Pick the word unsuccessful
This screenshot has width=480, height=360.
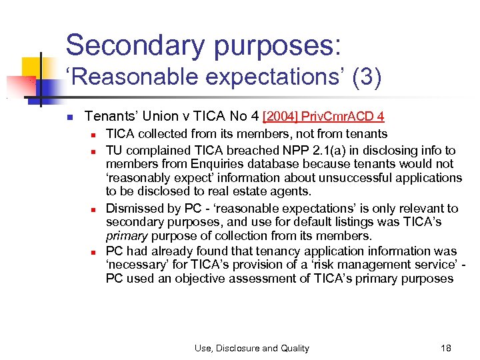(353, 178)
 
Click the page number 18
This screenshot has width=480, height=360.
(446, 348)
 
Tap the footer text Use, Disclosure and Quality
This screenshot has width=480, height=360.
(252, 348)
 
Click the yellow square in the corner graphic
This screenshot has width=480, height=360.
(31, 67)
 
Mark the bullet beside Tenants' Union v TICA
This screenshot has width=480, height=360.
(69, 117)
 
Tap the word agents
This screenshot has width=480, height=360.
(292, 192)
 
